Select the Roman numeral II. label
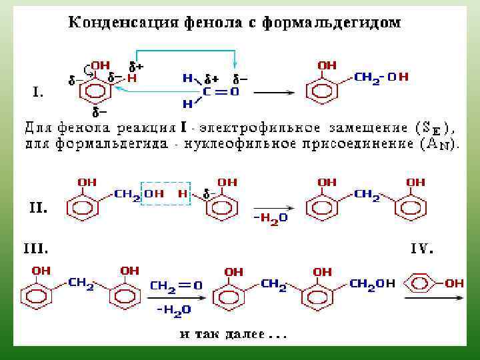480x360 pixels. pos(38,207)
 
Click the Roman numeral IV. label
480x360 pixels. pos(422,249)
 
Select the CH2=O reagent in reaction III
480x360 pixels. pos(176,285)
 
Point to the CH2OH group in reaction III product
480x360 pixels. pos(371,284)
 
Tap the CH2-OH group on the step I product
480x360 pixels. pos(381,77)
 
